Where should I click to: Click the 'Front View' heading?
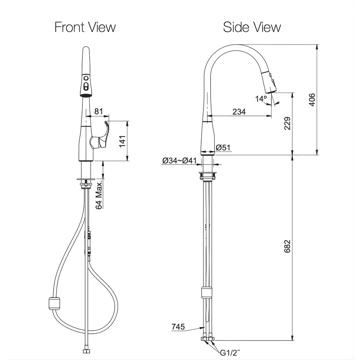(x=85, y=27)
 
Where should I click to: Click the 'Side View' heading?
(x=252, y=27)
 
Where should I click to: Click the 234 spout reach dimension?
(x=239, y=112)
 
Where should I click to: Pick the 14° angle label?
(x=261, y=99)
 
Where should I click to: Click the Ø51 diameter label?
(x=223, y=147)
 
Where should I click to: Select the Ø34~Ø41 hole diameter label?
(x=179, y=161)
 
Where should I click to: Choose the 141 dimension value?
(x=122, y=141)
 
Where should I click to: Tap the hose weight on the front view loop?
(x=54, y=303)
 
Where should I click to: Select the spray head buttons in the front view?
(x=86, y=82)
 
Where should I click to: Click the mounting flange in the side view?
(x=208, y=176)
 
